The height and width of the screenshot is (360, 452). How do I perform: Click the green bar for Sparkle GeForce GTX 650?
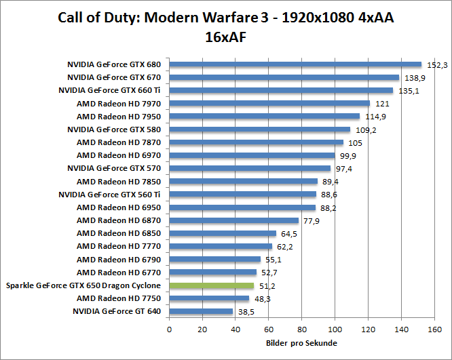point(211,285)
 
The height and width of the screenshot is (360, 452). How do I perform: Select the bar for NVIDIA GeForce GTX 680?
point(295,64)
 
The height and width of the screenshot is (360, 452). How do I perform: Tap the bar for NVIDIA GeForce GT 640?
point(201,311)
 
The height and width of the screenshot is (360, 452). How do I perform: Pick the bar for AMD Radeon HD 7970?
point(269,104)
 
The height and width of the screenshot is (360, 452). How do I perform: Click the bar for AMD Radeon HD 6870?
point(233,220)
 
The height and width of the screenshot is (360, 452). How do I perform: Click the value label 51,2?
point(267,287)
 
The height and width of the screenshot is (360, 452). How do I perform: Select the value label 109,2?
point(364,130)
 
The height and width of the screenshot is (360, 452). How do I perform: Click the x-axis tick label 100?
point(335,329)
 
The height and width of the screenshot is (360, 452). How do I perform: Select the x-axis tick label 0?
point(169,329)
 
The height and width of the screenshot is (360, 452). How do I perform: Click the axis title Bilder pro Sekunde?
point(302,343)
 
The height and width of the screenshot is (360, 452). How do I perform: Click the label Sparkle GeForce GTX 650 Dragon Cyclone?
point(83,285)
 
